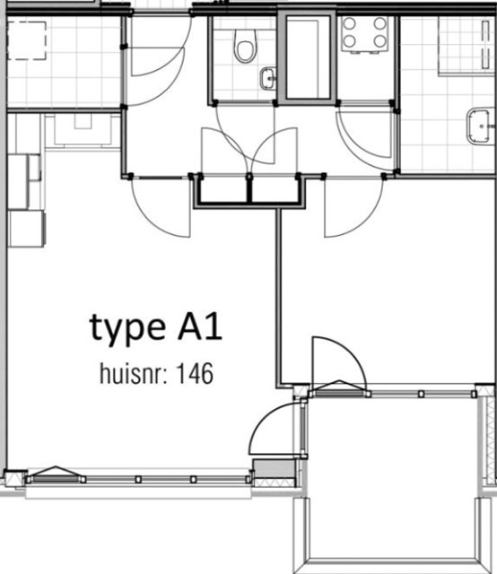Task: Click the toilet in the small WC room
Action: coord(245,45)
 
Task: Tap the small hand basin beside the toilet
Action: coord(268,78)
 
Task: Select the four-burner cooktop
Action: coord(365,34)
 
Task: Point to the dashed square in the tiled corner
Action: coord(27,40)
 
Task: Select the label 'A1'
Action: coord(200,326)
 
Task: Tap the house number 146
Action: coord(195,373)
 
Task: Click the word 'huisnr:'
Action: coord(134,373)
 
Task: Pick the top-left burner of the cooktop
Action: coord(349,24)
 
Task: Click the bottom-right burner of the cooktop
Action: coord(380,41)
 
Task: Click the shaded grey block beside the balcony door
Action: coord(275,468)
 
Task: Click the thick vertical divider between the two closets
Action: coord(249,189)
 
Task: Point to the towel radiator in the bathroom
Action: coord(485,44)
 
